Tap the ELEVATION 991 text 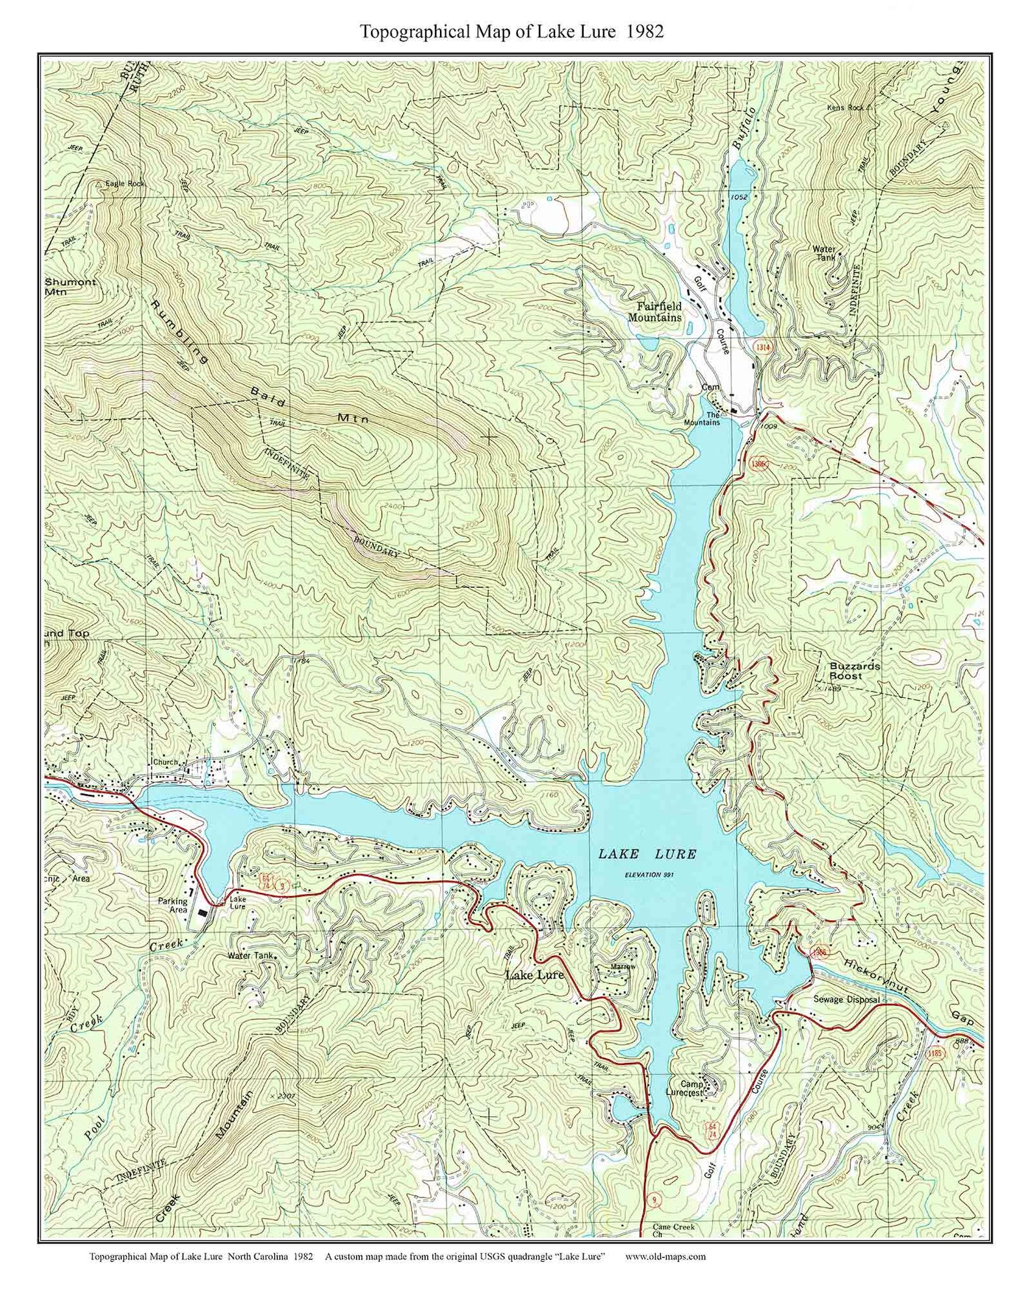click(646, 875)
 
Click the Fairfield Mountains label click(654, 312)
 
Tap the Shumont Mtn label click(70, 286)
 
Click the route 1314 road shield click(764, 347)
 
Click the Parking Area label click(173, 905)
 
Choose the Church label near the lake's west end click(165, 762)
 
